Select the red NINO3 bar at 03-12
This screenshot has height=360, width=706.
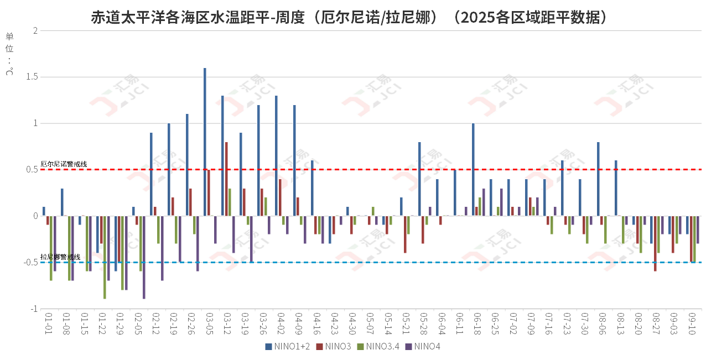pyautogui.click(x=226, y=179)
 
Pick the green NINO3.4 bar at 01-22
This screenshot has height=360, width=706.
pyautogui.click(x=105, y=257)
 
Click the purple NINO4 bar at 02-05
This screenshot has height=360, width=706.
pyautogui.click(x=144, y=257)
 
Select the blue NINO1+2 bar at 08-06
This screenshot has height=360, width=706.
pyautogui.click(x=598, y=179)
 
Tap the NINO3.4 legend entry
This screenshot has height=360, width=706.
pyautogui.click(x=379, y=347)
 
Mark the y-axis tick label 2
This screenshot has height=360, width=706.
pyautogui.click(x=35, y=31)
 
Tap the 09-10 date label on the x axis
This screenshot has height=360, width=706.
pyautogui.click(x=692, y=325)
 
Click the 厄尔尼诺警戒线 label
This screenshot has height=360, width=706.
pyautogui.click(x=64, y=164)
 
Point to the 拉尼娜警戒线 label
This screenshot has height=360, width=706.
pyautogui.click(x=60, y=257)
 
